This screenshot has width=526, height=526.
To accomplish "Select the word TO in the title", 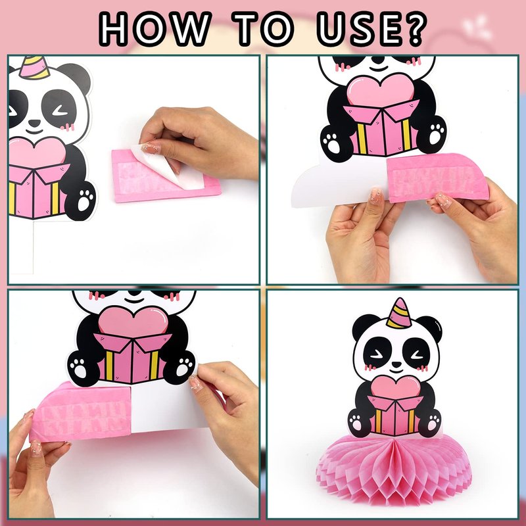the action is click(262, 29).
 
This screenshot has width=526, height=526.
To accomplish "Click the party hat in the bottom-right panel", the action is click(399, 314).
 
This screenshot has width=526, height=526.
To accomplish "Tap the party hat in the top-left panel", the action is click(34, 67).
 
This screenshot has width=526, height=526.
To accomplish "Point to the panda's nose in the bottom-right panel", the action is click(396, 364).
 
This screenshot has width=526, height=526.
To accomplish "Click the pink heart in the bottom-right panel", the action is click(396, 387).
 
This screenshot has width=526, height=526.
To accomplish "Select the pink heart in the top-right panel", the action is click(381, 89).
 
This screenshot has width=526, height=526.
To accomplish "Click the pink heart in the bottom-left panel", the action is click(133, 322).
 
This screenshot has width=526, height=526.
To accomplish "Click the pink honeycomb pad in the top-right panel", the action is click(437, 178).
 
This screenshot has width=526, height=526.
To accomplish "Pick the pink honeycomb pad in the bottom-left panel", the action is click(80, 412).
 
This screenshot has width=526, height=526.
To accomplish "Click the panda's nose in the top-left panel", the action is click(34, 123).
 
